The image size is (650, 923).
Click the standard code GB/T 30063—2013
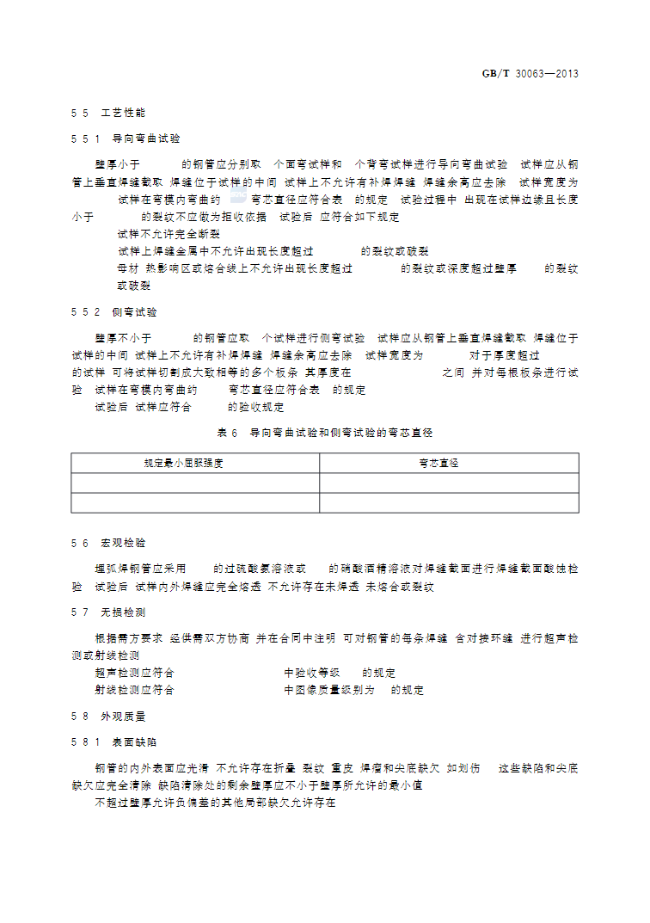530,73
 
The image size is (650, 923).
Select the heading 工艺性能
124,113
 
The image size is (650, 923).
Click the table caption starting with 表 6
324,432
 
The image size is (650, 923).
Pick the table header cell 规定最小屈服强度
195,463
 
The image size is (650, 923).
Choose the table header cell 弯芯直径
449,463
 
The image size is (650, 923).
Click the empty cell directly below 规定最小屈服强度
195,483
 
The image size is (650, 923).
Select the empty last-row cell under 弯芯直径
449,502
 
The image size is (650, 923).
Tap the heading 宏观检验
124,543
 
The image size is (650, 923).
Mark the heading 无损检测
124,612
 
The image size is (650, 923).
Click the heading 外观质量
124,716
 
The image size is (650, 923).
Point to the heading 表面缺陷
135,741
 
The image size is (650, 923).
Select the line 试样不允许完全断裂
169,234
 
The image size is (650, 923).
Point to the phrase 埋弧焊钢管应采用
140,569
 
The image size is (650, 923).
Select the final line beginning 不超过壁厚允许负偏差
215,803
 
